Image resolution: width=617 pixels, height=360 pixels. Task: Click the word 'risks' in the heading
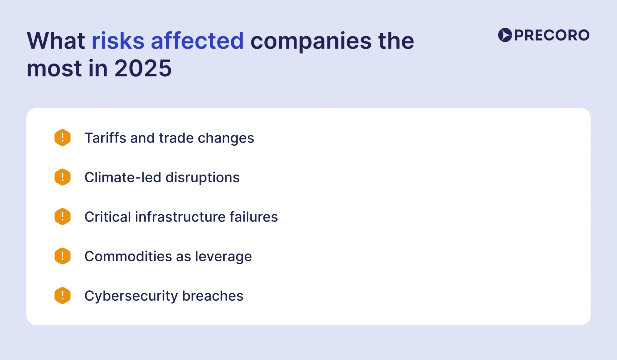[118, 41]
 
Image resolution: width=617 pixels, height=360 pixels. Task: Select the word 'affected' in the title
[197, 41]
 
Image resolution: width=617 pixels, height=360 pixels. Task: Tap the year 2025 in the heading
[143, 68]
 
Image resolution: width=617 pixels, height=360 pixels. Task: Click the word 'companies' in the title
[311, 41]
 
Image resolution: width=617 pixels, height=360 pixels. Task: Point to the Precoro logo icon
[505, 35]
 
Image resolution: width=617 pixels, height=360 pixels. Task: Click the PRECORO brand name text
[552, 35]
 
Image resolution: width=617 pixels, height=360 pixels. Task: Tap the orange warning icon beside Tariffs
[62, 138]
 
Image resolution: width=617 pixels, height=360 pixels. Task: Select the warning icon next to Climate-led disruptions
[62, 177]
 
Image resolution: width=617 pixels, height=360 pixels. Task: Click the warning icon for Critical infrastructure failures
[62, 217]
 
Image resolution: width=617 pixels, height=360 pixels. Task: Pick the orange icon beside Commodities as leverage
[62, 256]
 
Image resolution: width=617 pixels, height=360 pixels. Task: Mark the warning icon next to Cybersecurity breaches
[62, 296]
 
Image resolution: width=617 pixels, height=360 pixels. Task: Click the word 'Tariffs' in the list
[105, 138]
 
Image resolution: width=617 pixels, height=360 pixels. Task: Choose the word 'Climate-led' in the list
[123, 177]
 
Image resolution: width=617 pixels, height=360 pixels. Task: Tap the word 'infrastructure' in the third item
[180, 217]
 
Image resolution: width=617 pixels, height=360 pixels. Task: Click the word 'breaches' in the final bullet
[213, 296]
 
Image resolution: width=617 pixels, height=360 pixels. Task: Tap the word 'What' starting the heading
[56, 41]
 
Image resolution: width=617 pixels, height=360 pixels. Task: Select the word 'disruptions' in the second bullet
[202, 178]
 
